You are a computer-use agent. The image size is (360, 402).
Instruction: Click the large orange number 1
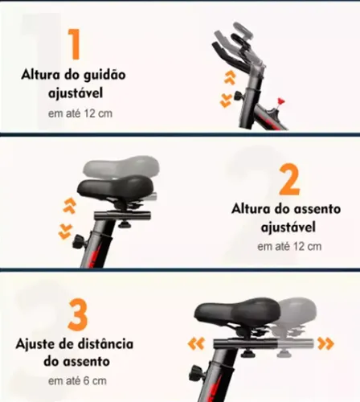pos(74,43)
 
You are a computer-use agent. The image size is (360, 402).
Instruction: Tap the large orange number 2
pos(289,178)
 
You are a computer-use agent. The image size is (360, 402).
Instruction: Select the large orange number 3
pos(78,314)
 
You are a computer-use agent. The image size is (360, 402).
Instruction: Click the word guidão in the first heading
pos(104,76)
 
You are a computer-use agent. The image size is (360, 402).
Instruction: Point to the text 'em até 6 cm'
pos(77,381)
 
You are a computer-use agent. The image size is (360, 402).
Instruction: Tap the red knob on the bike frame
pos(280,101)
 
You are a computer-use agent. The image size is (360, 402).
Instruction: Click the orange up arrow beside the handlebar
pos(230,78)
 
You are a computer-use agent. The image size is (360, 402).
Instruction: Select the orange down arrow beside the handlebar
pos(226,100)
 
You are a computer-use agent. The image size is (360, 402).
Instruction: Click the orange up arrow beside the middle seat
pos(69,206)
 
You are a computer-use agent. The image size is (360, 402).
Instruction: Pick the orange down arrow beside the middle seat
pos(65,232)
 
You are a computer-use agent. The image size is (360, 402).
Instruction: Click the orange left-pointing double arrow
pos(196,343)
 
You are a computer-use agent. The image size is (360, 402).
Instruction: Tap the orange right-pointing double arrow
pos(325,343)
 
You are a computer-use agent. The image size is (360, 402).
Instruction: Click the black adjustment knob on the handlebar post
pos(238,96)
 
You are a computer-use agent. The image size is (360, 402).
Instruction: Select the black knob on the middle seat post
pos(79,241)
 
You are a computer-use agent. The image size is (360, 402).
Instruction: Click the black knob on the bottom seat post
pos(194,373)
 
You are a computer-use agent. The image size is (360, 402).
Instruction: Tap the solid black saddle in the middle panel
pos(115,187)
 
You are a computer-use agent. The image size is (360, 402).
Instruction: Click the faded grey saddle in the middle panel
pos(121,166)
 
